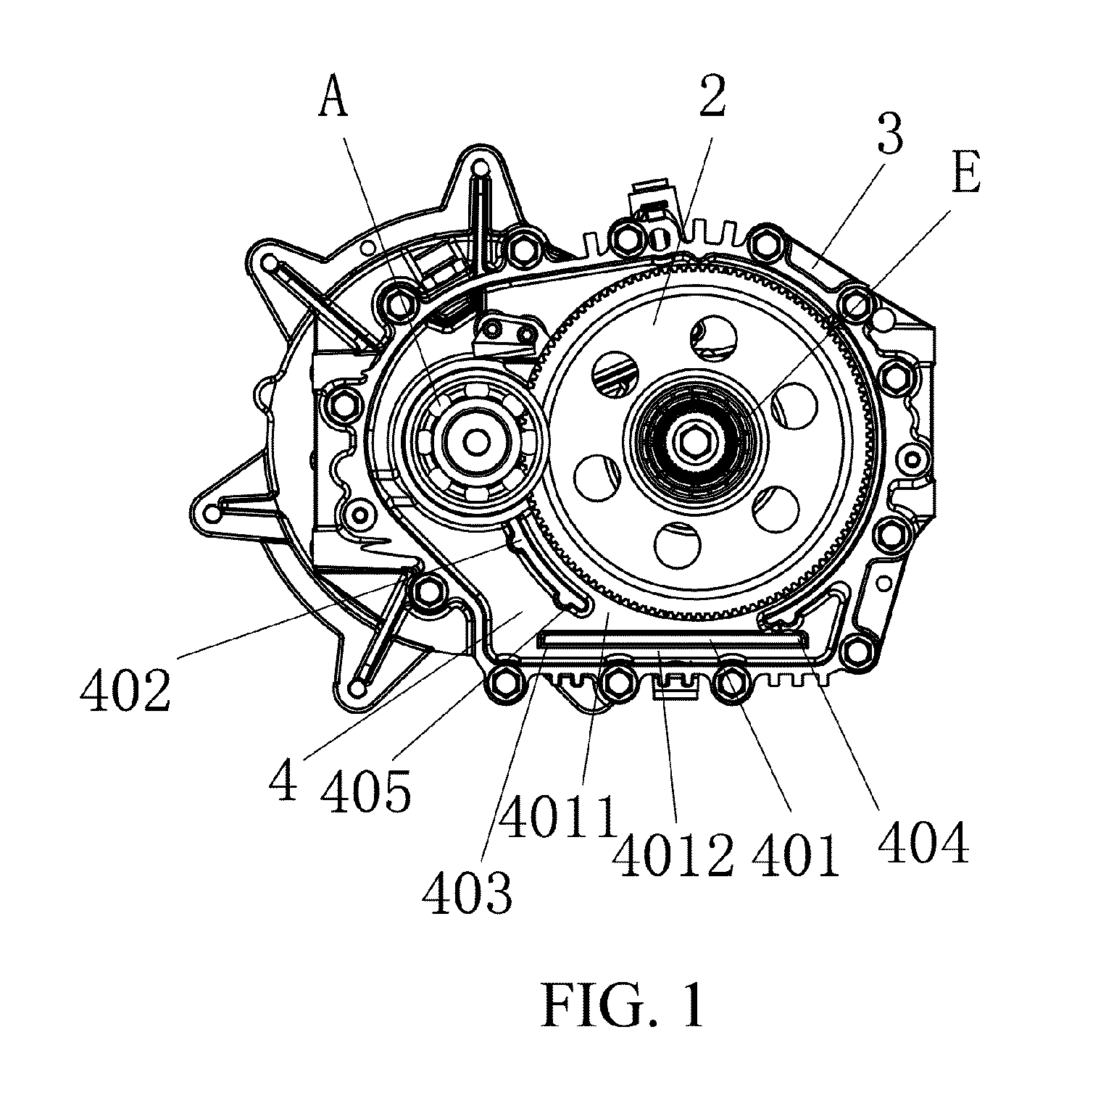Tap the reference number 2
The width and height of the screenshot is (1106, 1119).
coord(712,96)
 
